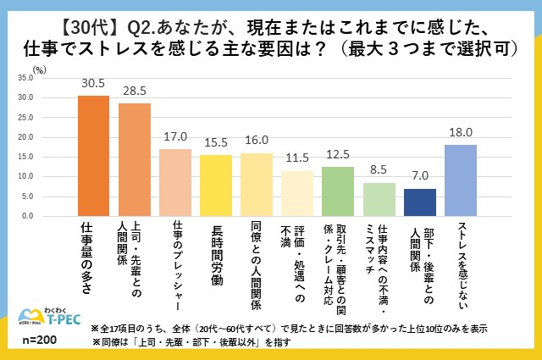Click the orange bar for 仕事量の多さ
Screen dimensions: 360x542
[x=93, y=156]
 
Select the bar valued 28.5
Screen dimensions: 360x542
[x=134, y=160]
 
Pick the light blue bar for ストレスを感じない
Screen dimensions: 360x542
[x=461, y=180]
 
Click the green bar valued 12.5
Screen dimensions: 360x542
[x=338, y=191]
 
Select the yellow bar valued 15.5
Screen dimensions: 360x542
[x=215, y=186]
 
